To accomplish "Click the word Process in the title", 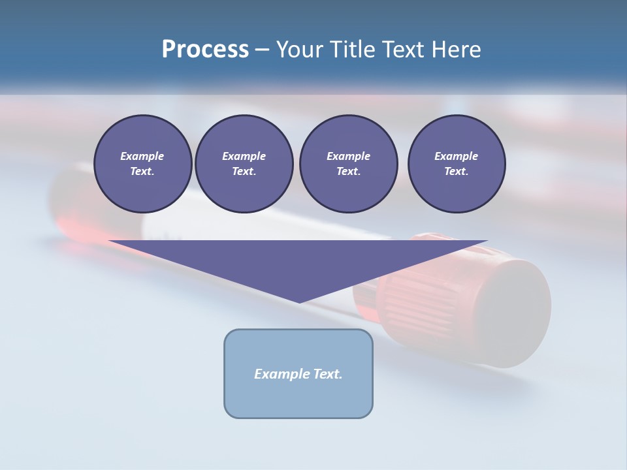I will pyautogui.click(x=205, y=50).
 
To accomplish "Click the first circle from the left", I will pyautogui.click(x=142, y=164).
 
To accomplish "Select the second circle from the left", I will pyautogui.click(x=244, y=164).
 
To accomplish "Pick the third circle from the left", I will pyautogui.click(x=348, y=164).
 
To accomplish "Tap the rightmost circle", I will pyautogui.click(x=457, y=164).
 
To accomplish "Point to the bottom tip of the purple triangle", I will pyautogui.click(x=299, y=302).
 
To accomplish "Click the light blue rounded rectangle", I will pyautogui.click(x=298, y=398).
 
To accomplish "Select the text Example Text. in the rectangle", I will pyautogui.click(x=298, y=374).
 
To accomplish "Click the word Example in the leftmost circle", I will pyautogui.click(x=142, y=156).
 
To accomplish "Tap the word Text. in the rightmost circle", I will pyautogui.click(x=457, y=172).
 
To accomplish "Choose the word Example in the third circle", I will pyautogui.click(x=348, y=156).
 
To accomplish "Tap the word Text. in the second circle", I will pyautogui.click(x=244, y=172).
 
